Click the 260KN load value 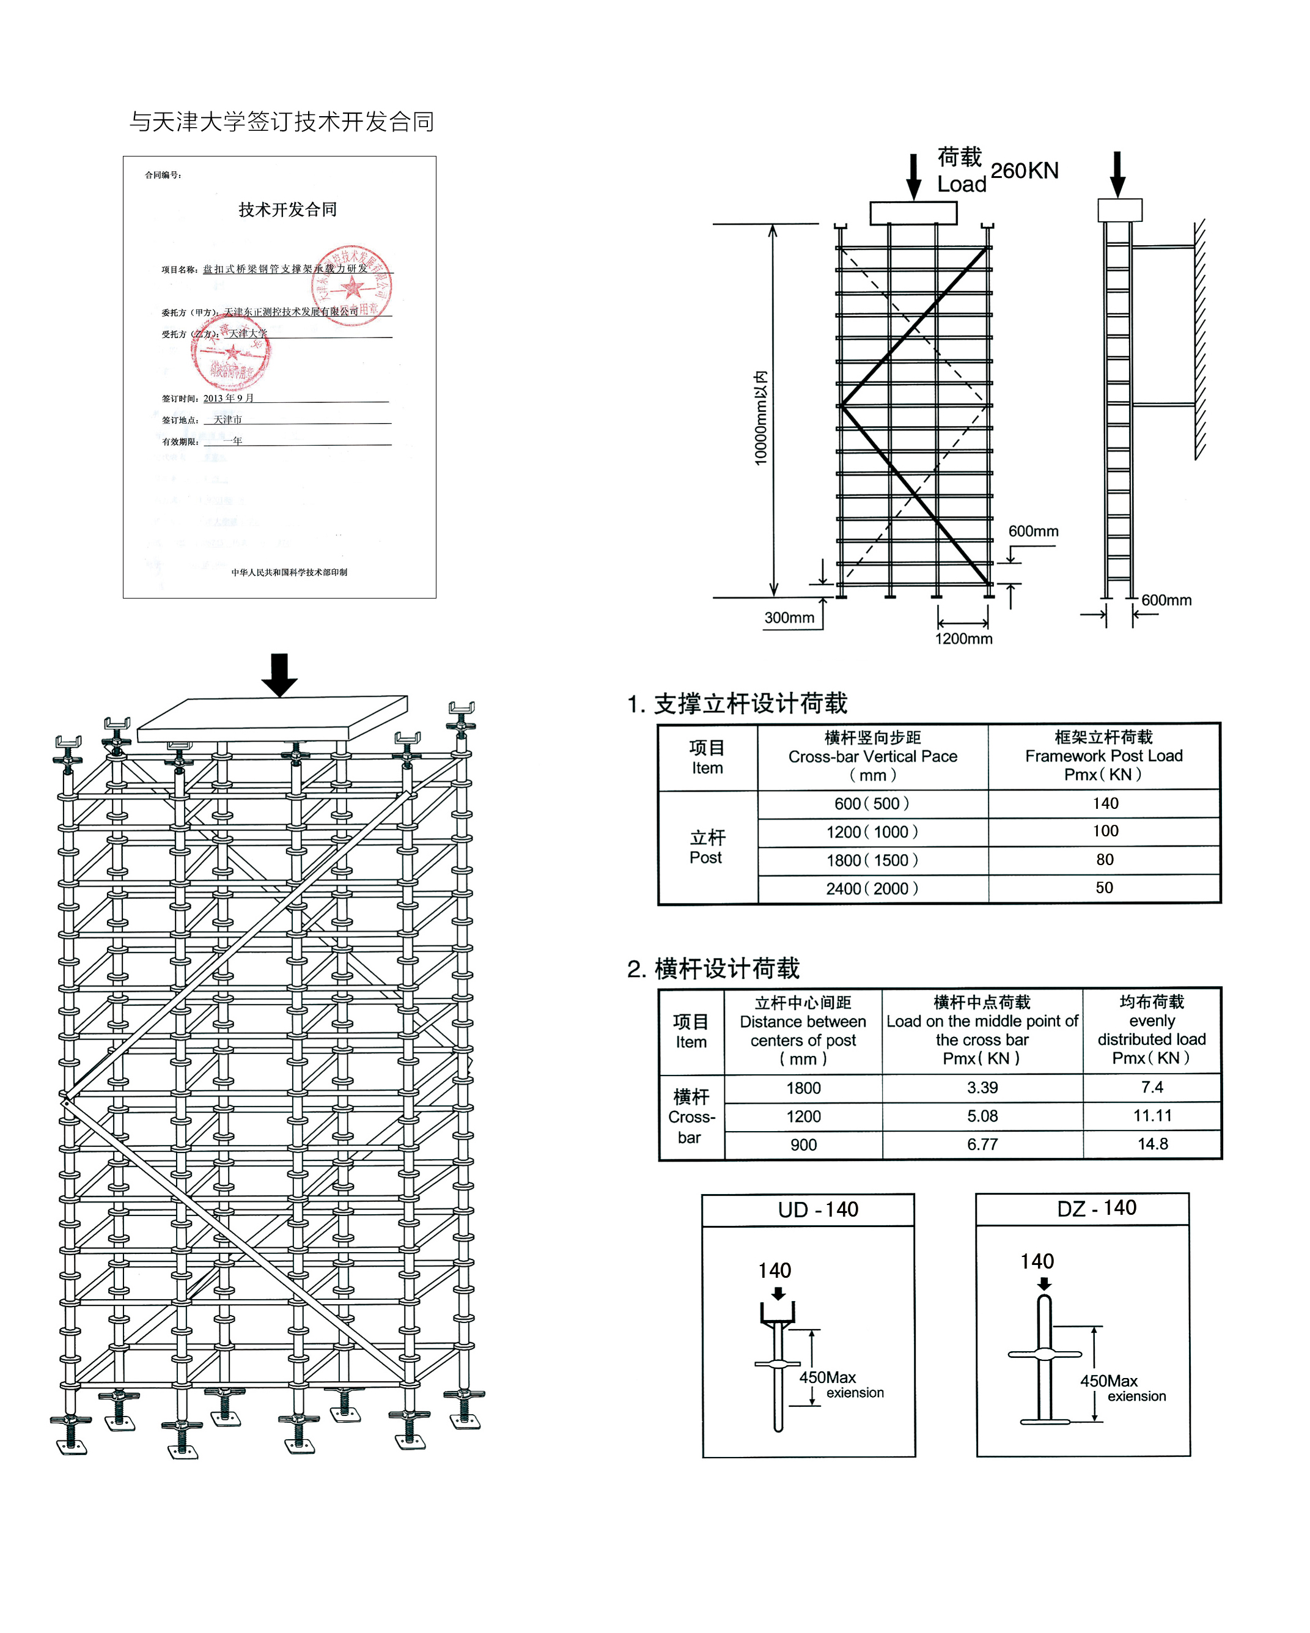click(x=1024, y=171)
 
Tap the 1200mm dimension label click(x=963, y=638)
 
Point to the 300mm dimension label click(x=789, y=617)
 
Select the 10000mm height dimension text click(x=760, y=418)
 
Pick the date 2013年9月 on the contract click(x=228, y=399)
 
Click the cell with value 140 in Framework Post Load click(x=1105, y=803)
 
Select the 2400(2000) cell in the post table click(x=872, y=888)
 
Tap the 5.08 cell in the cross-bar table click(x=982, y=1116)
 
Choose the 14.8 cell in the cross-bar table click(x=1152, y=1144)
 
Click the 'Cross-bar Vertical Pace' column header click(x=872, y=756)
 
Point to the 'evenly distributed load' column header click(x=1151, y=1030)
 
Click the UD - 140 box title click(x=818, y=1209)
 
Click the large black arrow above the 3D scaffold click(x=279, y=673)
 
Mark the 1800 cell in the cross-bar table click(x=803, y=1088)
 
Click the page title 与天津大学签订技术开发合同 click(x=282, y=121)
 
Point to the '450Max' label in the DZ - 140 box click(x=1108, y=1380)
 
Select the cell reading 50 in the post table click(x=1104, y=888)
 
